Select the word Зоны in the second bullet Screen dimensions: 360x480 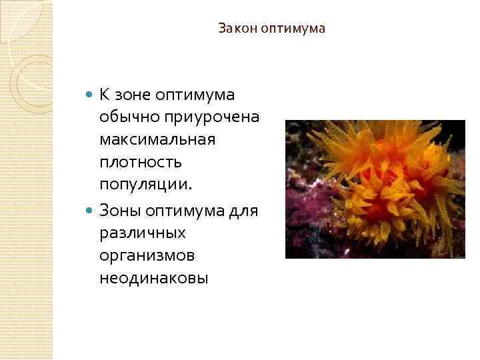coord(119,209)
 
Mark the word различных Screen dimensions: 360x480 coord(141,233)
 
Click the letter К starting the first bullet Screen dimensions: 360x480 coord(104,95)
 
